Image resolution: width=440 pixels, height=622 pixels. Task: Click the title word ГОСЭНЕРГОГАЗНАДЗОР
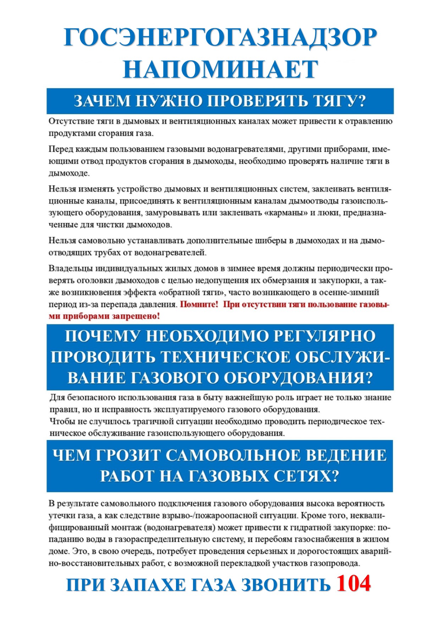[220, 37]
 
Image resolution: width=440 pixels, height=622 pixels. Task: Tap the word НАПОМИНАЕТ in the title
[220, 69]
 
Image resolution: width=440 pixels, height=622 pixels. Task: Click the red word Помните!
[199, 305]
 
